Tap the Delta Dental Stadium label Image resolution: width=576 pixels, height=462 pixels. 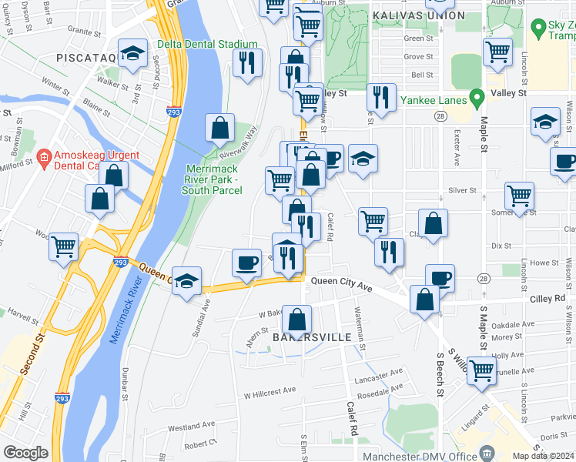point(207,44)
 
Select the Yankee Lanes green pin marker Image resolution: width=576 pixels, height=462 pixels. point(477,98)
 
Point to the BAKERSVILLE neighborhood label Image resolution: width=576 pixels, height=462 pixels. point(312,337)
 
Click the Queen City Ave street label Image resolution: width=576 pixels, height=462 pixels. point(341,287)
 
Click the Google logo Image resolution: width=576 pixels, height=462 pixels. point(26,452)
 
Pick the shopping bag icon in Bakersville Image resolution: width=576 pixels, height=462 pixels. point(296,319)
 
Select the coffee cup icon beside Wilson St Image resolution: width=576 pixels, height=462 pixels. point(564,162)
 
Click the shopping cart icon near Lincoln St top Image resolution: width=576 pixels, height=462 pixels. point(498,52)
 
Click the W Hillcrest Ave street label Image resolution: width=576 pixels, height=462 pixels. point(270,390)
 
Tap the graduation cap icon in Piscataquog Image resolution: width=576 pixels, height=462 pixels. point(133,53)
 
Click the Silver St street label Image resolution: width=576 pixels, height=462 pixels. point(463,189)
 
